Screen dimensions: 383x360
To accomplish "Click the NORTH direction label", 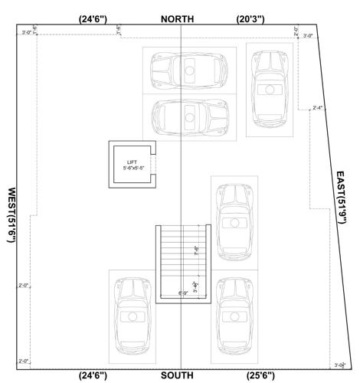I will coord(177,18).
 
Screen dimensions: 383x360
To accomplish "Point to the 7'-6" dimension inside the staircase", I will coord(196,250).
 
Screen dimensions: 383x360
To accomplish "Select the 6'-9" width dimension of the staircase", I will coord(184,293).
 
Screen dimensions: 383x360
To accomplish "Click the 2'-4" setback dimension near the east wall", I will coord(318,108).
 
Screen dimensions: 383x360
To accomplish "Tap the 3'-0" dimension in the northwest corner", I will coord(28,32).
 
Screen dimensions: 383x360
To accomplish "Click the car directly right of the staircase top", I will coord(234,221).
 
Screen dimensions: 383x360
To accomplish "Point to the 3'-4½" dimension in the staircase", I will coord(196,286).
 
